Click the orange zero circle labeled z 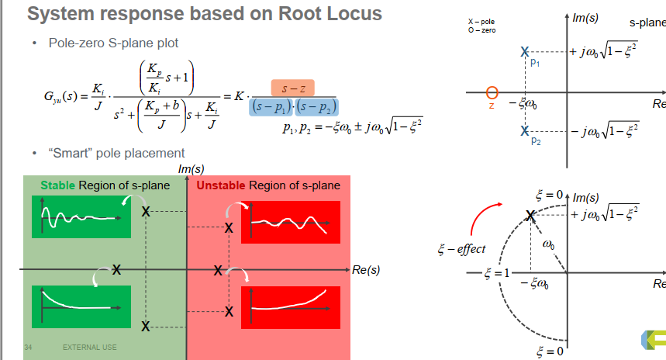(492, 92)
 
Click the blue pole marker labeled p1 (525, 52)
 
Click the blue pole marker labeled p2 (525, 130)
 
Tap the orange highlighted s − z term (292, 88)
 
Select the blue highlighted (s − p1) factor (271, 107)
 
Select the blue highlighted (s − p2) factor (316, 107)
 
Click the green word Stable (58, 185)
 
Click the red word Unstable (220, 185)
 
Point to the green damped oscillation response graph (81, 216)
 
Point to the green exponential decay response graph (81, 306)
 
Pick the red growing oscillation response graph (291, 223)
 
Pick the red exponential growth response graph (291, 307)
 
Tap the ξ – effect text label (461, 248)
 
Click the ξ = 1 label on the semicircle (496, 273)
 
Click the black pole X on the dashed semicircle (530, 216)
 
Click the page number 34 (28, 348)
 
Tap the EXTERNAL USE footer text (90, 348)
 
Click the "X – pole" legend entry (481, 22)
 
